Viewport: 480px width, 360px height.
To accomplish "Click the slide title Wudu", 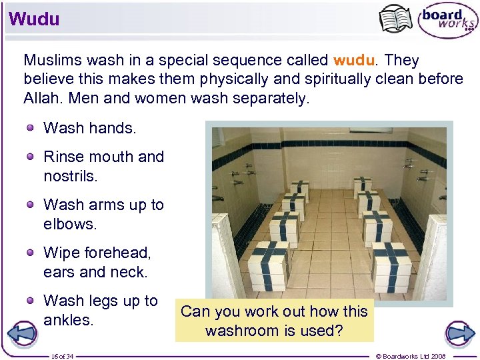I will tap(34, 19).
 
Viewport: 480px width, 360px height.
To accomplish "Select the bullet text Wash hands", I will tap(89, 127).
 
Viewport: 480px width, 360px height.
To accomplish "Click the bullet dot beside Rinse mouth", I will tap(31, 157).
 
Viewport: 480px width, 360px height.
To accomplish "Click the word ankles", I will tap(67, 320).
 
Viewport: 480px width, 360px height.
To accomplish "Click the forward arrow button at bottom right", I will tap(459, 333).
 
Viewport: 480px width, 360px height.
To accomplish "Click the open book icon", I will tap(395, 19).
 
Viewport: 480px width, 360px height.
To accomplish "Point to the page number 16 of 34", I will tap(62, 355).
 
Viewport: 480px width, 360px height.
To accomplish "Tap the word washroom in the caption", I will tap(242, 331).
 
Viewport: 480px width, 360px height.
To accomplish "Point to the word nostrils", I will tap(70, 176).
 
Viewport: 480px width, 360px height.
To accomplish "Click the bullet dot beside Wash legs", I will tap(31, 301).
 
